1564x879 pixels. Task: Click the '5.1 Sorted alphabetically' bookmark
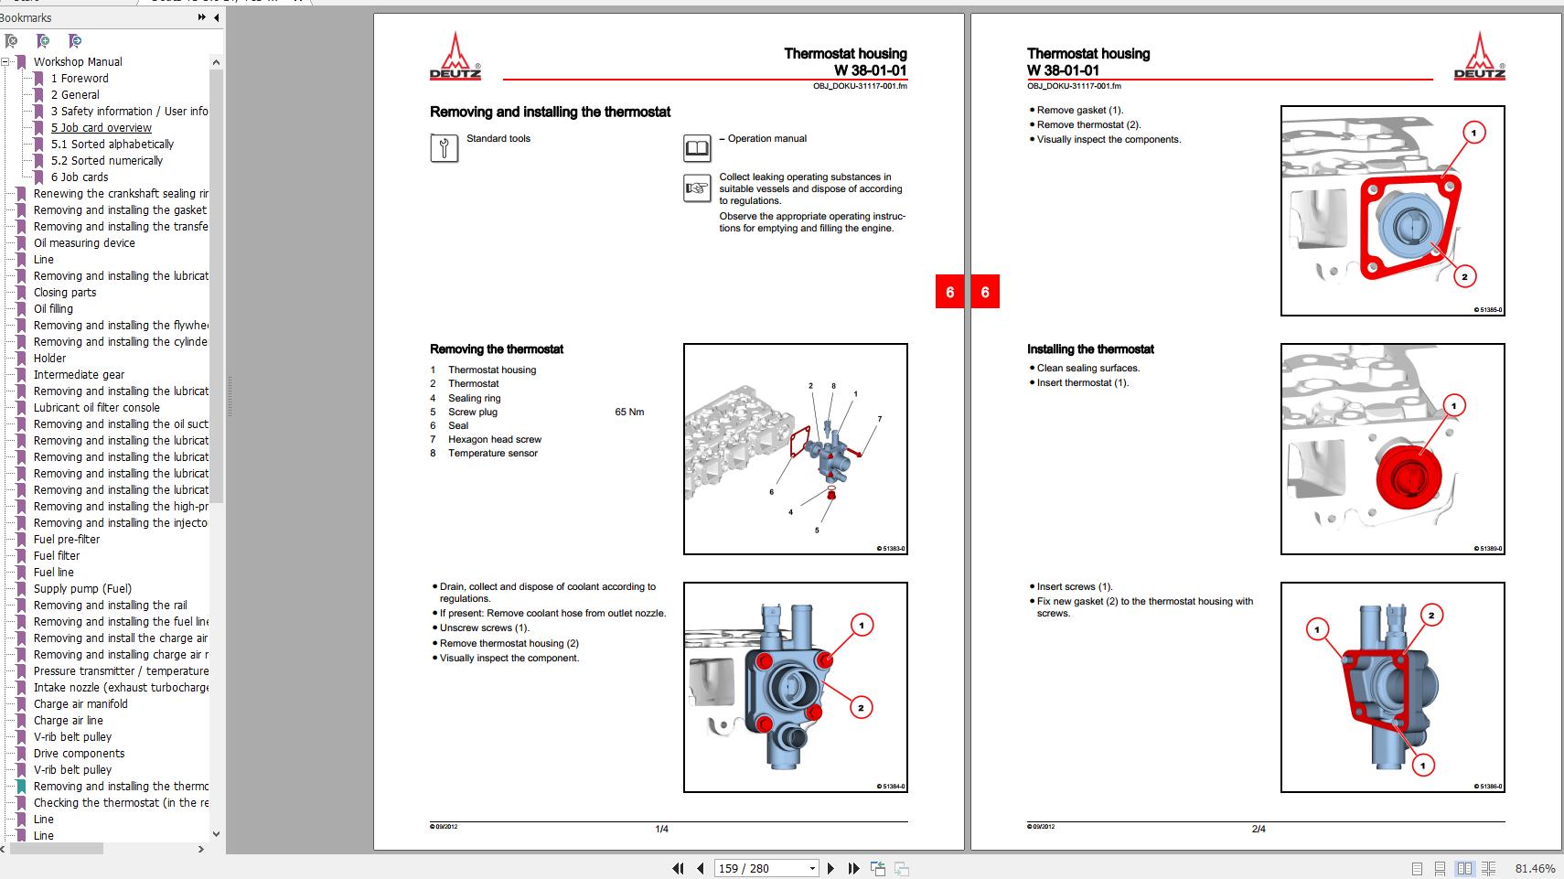(x=112, y=144)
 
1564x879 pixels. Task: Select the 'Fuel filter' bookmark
(x=57, y=555)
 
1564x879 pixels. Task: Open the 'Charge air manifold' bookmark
(x=80, y=703)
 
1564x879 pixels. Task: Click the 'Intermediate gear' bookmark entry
(x=79, y=374)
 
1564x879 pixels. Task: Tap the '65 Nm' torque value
(x=629, y=412)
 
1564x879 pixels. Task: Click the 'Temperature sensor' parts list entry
(x=493, y=453)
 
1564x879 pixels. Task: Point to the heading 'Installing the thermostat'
(x=1090, y=348)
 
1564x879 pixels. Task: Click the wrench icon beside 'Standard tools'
(x=444, y=147)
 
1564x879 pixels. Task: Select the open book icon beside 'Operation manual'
(x=697, y=147)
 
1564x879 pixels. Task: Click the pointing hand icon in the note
(x=697, y=188)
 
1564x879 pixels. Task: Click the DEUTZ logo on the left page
(x=455, y=58)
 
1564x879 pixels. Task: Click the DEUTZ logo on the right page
(x=1479, y=58)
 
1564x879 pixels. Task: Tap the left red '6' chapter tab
(x=949, y=292)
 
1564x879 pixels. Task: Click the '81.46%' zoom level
(x=1535, y=868)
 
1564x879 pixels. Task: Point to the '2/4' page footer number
(x=1259, y=829)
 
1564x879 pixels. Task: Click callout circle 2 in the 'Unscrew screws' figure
(x=861, y=707)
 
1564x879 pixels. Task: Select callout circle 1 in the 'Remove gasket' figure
(x=1473, y=133)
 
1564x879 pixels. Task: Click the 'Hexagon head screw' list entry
(x=494, y=439)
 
